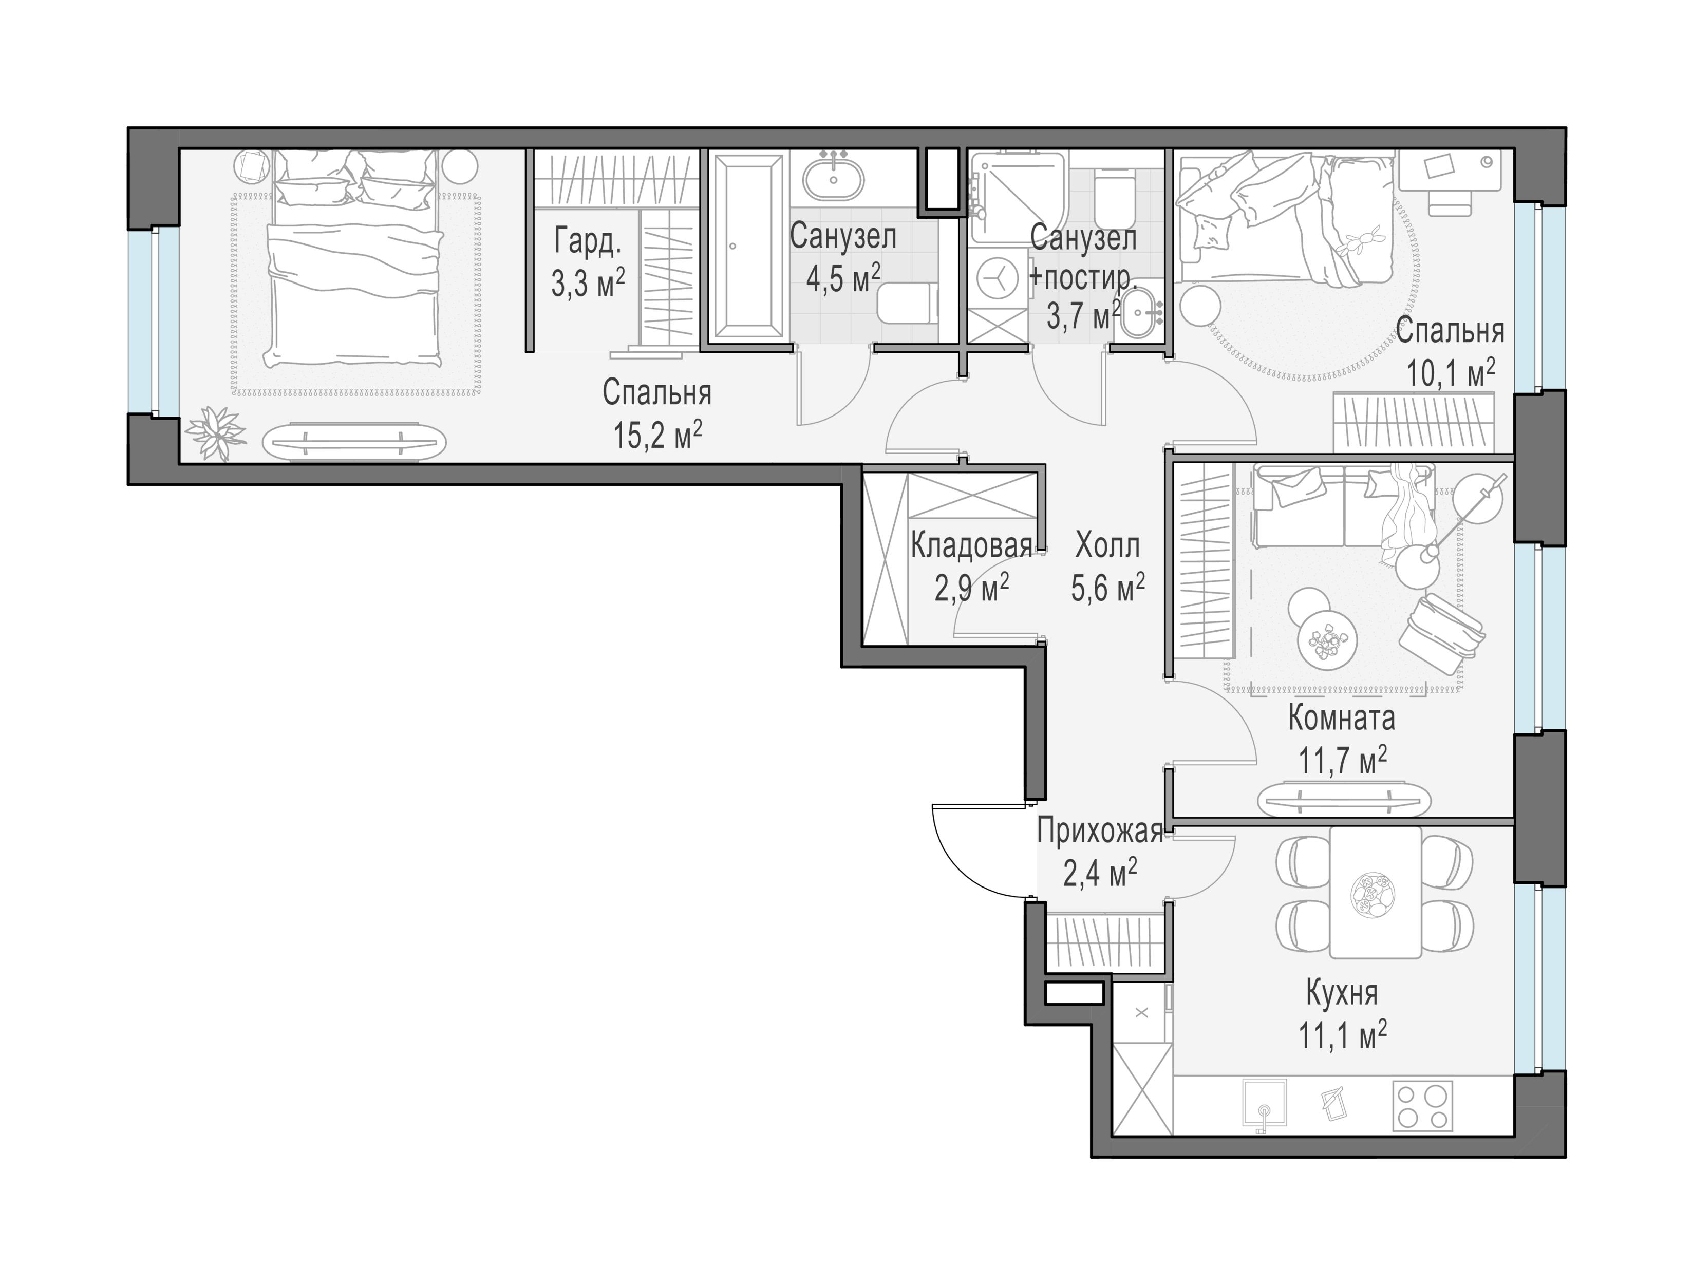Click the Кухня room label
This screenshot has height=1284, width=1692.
pyautogui.click(x=1342, y=993)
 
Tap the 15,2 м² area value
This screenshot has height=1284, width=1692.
pyautogui.click(x=657, y=436)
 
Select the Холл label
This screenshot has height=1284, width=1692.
pyautogui.click(x=1107, y=546)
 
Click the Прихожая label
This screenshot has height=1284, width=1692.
pyautogui.click(x=1100, y=832)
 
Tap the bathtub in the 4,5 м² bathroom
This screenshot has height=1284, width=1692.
pyautogui.click(x=748, y=246)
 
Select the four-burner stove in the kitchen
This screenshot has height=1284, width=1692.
pyautogui.click(x=1423, y=1106)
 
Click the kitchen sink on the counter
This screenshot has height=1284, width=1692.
pyautogui.click(x=1265, y=1104)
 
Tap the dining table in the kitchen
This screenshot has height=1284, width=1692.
pyautogui.click(x=1375, y=892)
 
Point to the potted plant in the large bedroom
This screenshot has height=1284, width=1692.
pyautogui.click(x=219, y=433)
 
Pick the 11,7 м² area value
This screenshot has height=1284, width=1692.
pyautogui.click(x=1342, y=760)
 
